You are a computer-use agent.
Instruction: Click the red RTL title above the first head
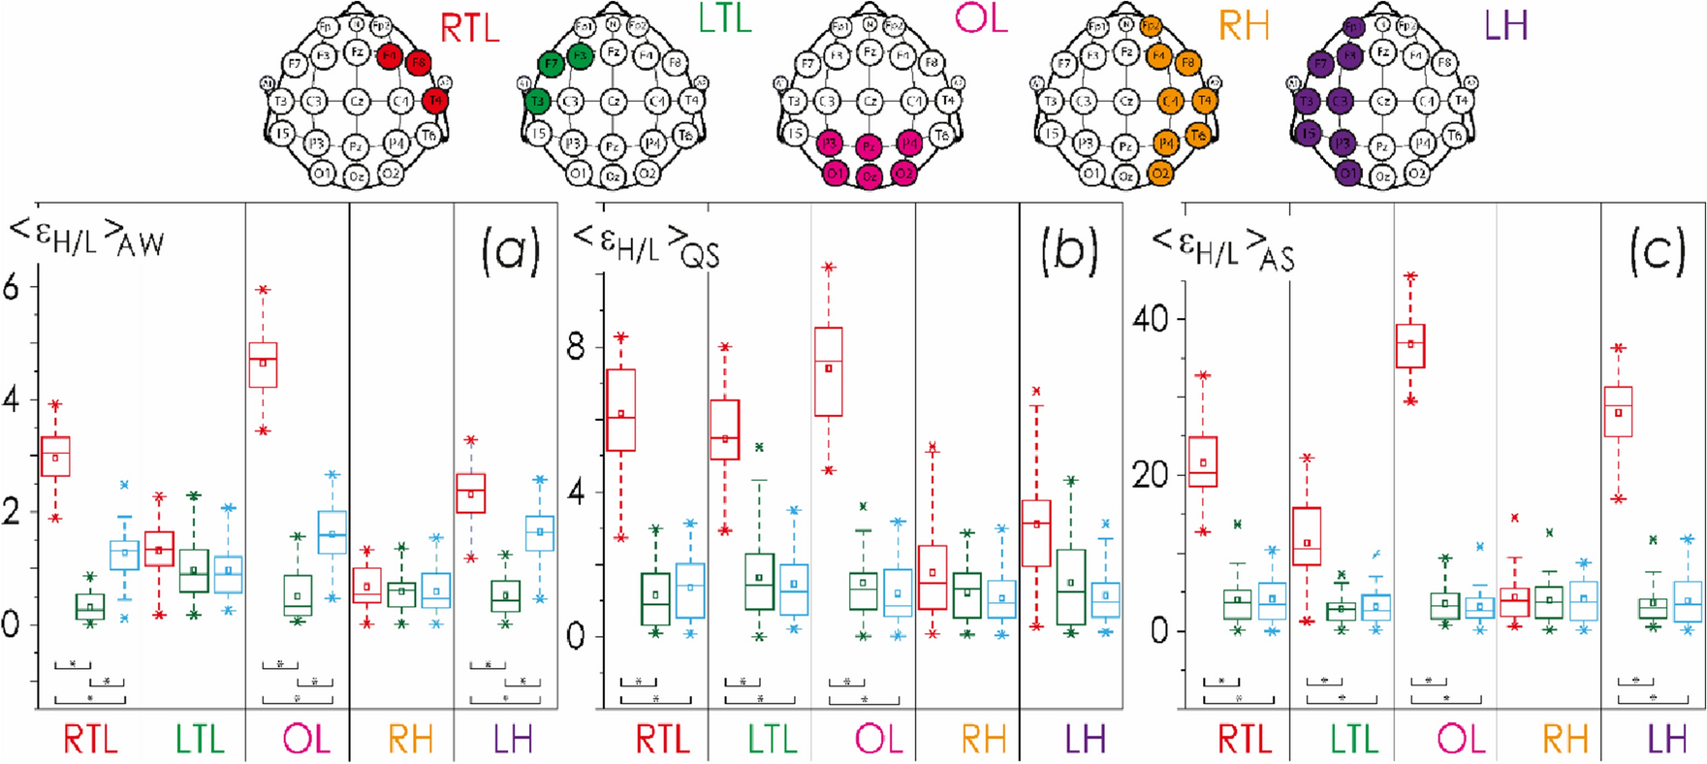click(470, 28)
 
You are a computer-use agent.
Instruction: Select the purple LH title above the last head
click(1505, 25)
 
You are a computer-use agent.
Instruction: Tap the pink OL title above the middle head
click(981, 18)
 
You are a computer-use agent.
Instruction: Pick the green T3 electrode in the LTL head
click(537, 100)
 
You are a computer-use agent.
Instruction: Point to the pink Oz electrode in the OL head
click(869, 175)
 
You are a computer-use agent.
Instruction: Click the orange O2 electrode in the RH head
click(1159, 173)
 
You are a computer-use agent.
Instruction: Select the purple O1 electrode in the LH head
click(1347, 174)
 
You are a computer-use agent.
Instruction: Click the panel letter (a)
click(510, 252)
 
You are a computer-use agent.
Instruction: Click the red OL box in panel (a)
click(263, 365)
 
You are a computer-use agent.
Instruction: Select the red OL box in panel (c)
click(1409, 346)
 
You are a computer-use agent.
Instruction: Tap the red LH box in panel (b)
click(1036, 532)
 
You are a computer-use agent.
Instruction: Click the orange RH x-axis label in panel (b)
click(983, 740)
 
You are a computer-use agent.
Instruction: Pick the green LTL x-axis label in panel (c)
click(1353, 740)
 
